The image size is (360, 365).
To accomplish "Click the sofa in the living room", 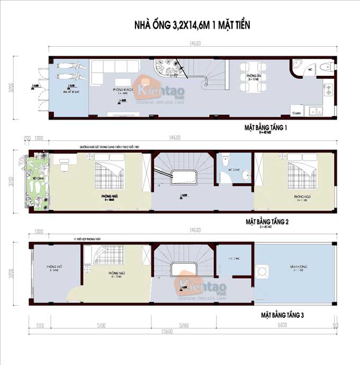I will (114, 71).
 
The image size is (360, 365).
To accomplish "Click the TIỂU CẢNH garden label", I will (37, 179).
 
